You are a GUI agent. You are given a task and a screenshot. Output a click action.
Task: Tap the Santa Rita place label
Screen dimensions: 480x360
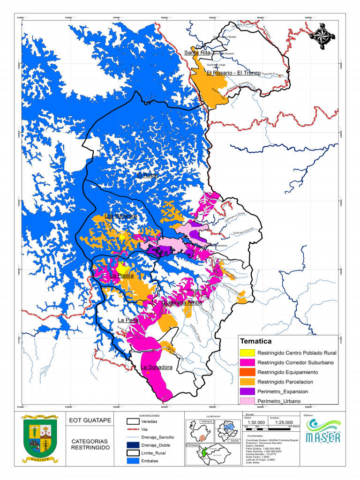pos(197,52)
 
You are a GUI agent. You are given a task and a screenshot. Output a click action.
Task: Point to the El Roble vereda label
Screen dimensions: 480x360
pos(147,175)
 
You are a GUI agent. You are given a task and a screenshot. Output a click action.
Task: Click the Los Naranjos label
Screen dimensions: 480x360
pos(120,216)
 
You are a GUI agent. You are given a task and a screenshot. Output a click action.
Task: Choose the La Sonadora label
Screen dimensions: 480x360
pos(157,367)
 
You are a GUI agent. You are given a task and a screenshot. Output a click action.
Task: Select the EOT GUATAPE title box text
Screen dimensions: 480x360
pos(90,420)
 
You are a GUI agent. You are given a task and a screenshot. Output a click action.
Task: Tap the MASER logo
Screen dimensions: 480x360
pos(323,431)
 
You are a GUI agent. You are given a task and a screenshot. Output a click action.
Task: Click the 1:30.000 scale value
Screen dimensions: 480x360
pos(254,422)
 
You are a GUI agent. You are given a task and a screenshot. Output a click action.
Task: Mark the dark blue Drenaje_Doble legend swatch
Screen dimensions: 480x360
pos(133,445)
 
